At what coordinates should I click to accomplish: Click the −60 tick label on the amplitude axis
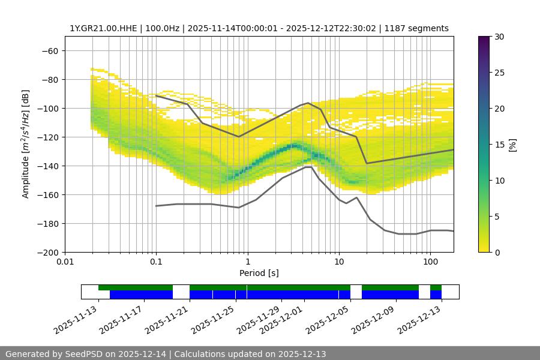[50, 50]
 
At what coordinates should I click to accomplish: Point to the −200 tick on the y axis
[47, 252]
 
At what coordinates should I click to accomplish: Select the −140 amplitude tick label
[47, 166]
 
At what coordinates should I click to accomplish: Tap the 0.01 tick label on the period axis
[65, 262]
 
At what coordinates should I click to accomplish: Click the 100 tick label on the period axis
[430, 262]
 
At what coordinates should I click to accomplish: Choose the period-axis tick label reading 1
[247, 262]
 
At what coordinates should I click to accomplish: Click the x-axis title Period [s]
[259, 273]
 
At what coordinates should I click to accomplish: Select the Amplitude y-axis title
[25, 144]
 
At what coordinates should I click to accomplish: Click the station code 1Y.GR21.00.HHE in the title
[102, 28]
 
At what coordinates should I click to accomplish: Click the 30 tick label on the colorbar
[499, 37]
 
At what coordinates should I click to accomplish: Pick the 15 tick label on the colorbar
[499, 145]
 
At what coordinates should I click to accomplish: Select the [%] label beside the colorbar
[512, 145]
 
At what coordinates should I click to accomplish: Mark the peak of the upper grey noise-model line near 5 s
[308, 103]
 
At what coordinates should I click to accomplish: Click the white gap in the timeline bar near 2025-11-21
[181, 292]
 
